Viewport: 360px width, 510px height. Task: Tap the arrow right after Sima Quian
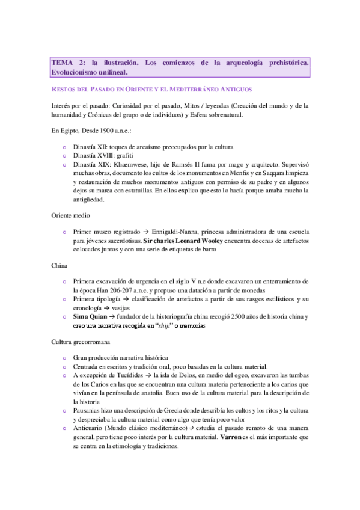pos(112,316)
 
